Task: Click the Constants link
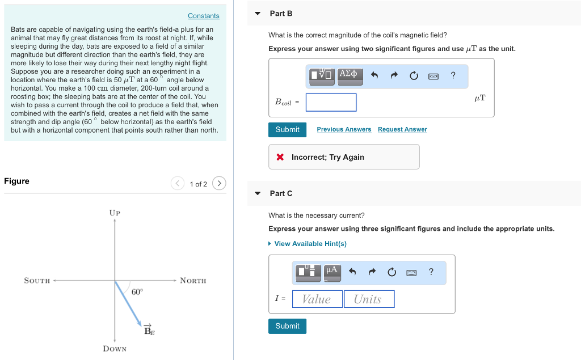pyautogui.click(x=203, y=16)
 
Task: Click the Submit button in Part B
pyautogui.click(x=287, y=130)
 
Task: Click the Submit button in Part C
pyautogui.click(x=287, y=326)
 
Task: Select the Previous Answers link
pyautogui.click(x=344, y=130)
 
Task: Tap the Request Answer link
pyautogui.click(x=402, y=130)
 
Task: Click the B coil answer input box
pyautogui.click(x=331, y=103)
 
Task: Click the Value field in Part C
pyautogui.click(x=317, y=299)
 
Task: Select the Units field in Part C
pyautogui.click(x=368, y=299)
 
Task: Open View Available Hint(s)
pyautogui.click(x=310, y=244)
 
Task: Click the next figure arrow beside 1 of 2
pyautogui.click(x=219, y=183)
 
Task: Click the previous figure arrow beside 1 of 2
pyautogui.click(x=178, y=183)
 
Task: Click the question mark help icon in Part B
pyautogui.click(x=453, y=75)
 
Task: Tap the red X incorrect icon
pyautogui.click(x=280, y=157)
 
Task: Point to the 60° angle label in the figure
pyautogui.click(x=137, y=292)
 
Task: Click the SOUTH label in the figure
pyautogui.click(x=37, y=281)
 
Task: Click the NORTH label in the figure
pyautogui.click(x=193, y=281)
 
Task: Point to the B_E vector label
pyautogui.click(x=149, y=331)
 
